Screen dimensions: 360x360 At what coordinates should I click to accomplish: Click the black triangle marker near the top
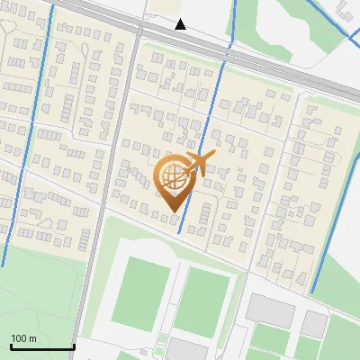181,24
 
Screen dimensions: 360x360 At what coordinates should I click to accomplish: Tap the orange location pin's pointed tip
172,211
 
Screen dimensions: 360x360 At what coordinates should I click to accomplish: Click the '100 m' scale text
24,338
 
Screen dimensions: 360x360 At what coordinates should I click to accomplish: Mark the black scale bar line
41,347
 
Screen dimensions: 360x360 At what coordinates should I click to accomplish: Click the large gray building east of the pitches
270,310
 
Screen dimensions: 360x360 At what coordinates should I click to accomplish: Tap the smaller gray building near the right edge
314,323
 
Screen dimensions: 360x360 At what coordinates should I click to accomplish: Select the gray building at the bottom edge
186,349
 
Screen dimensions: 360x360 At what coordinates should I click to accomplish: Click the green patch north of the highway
270,27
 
